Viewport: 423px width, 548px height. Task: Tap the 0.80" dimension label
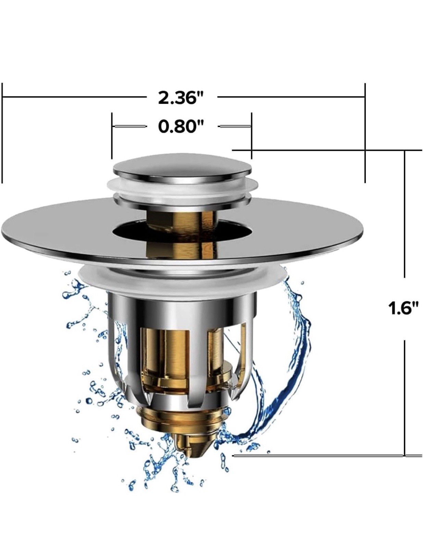pyautogui.click(x=181, y=126)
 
